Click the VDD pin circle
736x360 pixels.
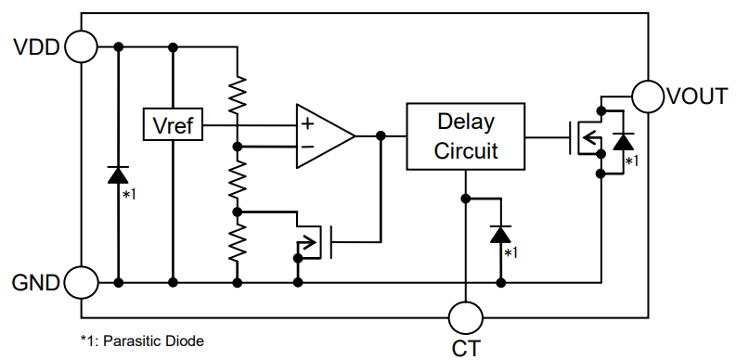coord(82,46)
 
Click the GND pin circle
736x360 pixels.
coord(82,281)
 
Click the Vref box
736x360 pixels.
coord(173,123)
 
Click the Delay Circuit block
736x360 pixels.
coord(465,136)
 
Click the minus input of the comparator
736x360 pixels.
coord(306,147)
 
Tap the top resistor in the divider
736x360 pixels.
coord(239,93)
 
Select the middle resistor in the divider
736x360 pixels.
coord(239,178)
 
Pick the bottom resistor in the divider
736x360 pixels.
coord(239,243)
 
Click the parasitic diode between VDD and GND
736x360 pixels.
coord(118,174)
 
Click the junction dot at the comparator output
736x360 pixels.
coord(381,136)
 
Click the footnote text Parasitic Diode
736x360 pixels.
coord(152,341)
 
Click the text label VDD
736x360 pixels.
coord(36,46)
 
